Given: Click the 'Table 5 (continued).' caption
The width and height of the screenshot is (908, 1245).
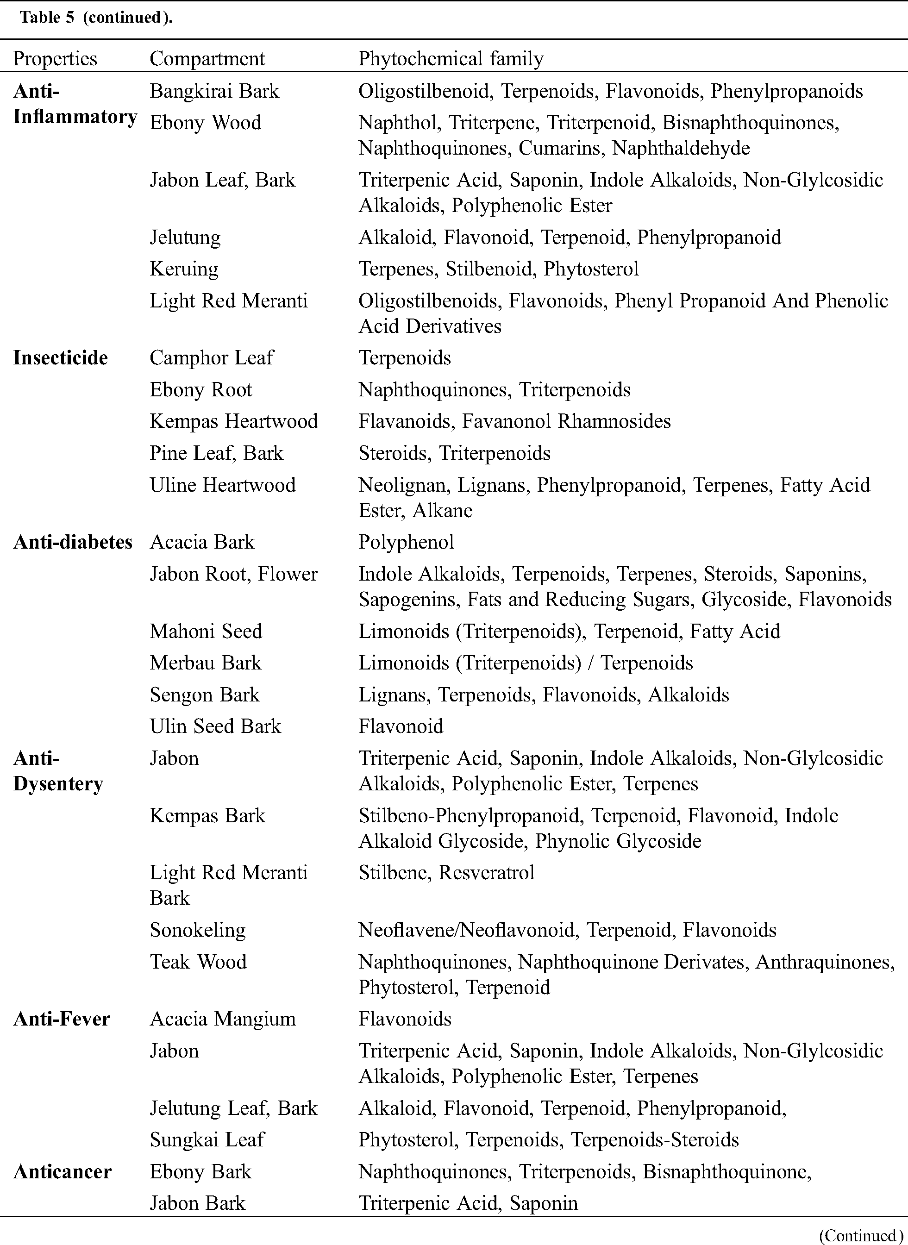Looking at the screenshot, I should (x=96, y=18).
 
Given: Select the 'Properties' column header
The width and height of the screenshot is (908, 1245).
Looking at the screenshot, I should (x=55, y=59).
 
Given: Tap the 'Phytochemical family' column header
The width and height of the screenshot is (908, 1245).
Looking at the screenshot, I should (x=451, y=59).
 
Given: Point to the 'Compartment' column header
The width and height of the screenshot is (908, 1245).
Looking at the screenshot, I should (x=207, y=59).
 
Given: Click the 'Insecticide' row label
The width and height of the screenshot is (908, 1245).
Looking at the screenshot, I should (x=61, y=358).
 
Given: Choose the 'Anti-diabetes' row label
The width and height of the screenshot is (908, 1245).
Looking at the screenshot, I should (x=73, y=542).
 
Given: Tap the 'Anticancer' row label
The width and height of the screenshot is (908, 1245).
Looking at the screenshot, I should (x=62, y=1171).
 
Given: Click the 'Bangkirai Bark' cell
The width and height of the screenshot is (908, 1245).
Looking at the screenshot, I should (x=214, y=91).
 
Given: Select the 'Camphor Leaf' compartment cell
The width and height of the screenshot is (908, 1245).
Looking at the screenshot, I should (x=212, y=358).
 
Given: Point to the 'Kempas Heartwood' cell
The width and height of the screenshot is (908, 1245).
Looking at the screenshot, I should (x=233, y=422).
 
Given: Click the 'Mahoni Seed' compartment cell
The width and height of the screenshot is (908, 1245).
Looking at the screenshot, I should (x=206, y=631).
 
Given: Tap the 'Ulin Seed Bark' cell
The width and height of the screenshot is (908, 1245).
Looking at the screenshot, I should (x=215, y=726).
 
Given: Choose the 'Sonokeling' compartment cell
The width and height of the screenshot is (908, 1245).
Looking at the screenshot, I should (x=198, y=930).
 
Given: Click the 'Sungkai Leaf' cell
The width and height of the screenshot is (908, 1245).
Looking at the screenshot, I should (x=207, y=1139).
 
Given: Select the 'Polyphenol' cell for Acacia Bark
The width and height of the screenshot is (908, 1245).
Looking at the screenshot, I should (x=406, y=542).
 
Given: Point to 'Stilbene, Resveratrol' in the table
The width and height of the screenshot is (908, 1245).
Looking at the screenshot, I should (x=446, y=872).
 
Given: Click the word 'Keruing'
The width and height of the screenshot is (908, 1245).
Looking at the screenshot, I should (x=184, y=269).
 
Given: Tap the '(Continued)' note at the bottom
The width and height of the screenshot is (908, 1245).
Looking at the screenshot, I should (x=861, y=1235).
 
